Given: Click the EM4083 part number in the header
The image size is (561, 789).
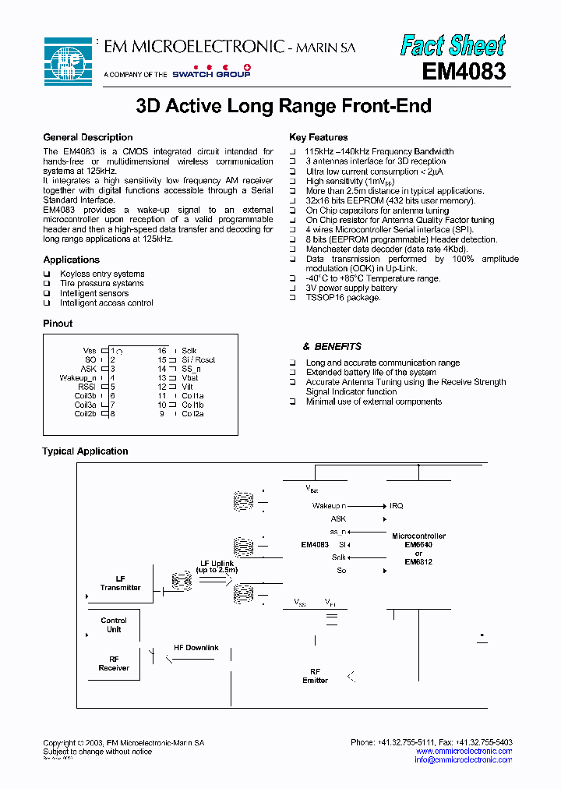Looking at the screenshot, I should pos(464,72).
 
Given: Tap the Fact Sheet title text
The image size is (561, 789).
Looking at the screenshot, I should pos(453,46).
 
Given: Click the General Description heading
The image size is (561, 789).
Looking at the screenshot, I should pos(88,137).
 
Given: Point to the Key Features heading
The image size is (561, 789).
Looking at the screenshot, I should pos(319,137).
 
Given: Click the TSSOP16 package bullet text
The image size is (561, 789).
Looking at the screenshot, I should pos(343,298).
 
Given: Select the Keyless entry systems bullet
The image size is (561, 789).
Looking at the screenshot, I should pos(102,274).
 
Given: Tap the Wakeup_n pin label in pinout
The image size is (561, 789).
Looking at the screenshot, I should pos(78,377).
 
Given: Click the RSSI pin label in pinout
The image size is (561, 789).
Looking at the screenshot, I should pos(87,387).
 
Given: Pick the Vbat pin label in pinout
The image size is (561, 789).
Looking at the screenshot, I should pos(190,377).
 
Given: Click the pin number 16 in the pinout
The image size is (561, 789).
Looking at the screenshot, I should pos(162,351).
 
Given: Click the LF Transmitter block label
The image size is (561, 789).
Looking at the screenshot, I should pos(120,583).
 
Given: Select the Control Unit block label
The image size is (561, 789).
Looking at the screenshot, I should pos(114,625).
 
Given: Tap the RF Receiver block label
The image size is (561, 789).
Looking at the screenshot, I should pos(114,663).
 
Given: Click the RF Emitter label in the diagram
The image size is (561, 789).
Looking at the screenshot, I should pos(315,676).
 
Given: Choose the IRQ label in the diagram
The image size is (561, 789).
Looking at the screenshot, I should pos(397,506).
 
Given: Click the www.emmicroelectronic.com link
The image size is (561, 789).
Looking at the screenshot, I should pos(463,751).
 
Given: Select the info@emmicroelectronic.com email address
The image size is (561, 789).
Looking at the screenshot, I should pos(463,759).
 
